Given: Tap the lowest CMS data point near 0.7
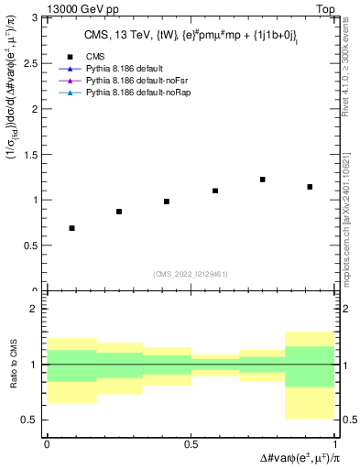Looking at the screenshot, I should [71, 228].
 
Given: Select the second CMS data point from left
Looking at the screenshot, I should [119, 212].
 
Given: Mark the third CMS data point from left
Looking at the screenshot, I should [167, 202].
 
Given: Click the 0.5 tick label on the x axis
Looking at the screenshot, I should [191, 443].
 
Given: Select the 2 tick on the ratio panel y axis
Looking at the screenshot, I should [36, 310].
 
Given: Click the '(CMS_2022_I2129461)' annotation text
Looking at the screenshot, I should [191, 273].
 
